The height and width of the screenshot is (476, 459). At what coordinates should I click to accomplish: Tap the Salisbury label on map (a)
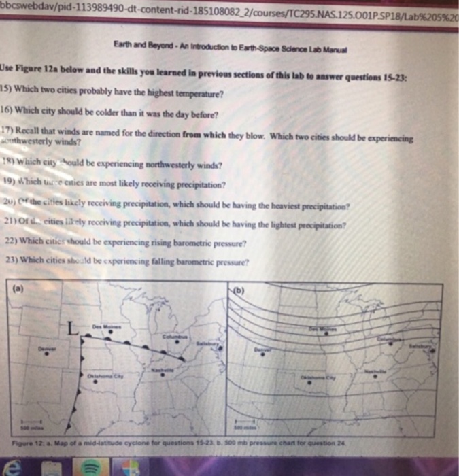pyautogui.click(x=203, y=345)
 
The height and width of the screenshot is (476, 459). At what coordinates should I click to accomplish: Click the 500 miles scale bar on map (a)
pyautogui.click(x=23, y=426)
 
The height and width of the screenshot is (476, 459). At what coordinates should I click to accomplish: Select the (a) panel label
pyautogui.click(x=13, y=287)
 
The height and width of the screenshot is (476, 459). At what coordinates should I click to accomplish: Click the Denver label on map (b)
pyautogui.click(x=261, y=350)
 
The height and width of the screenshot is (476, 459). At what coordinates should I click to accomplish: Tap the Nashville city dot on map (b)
pyautogui.click(x=374, y=378)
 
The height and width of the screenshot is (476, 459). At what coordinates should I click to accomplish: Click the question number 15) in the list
pyautogui.click(x=6, y=88)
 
